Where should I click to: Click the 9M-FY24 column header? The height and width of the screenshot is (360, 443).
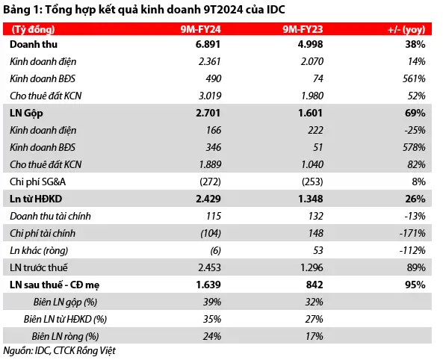(201, 29)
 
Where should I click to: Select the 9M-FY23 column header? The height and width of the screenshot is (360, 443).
(303, 29)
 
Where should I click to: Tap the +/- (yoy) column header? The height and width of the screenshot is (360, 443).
(406, 30)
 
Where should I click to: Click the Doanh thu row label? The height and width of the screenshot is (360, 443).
(34, 44)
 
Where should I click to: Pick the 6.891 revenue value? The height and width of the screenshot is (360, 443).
(208, 44)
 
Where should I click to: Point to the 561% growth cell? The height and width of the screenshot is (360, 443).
(414, 78)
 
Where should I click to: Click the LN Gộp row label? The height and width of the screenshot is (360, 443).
(26, 114)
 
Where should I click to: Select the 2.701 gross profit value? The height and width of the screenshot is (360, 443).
(208, 113)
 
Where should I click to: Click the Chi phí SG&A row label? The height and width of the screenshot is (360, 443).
(37, 181)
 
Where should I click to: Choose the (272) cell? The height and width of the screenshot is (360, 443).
(210, 181)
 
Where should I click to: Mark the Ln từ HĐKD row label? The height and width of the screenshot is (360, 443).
(36, 199)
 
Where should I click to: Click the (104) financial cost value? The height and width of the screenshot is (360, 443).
(211, 234)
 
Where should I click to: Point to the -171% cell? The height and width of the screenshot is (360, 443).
(412, 234)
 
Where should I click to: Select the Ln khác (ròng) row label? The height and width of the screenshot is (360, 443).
(39, 251)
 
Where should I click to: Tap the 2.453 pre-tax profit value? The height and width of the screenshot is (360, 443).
(209, 267)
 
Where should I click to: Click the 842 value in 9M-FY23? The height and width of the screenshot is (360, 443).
(315, 285)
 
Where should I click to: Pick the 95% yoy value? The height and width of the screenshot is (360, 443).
(415, 285)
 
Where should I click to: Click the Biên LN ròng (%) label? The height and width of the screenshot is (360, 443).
(65, 337)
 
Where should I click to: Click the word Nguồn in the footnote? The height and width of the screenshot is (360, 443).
(17, 351)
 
